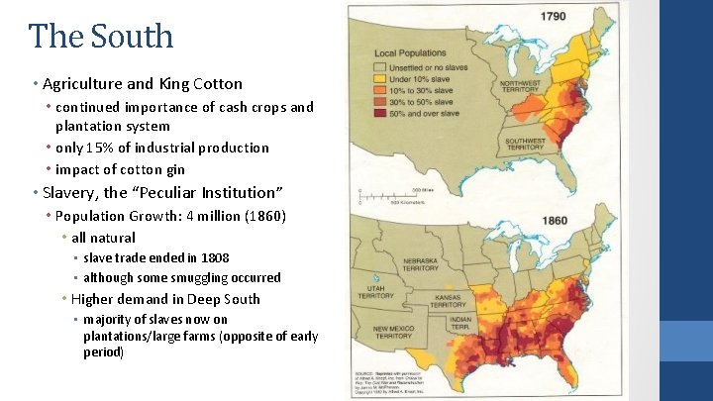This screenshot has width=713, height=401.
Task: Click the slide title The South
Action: click(101, 37)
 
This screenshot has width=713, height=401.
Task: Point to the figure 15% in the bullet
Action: click(102, 148)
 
